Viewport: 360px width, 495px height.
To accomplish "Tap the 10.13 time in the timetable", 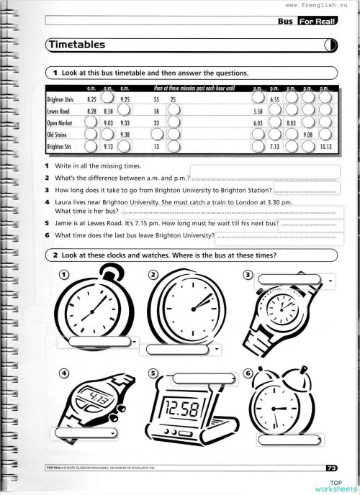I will (x=325, y=146).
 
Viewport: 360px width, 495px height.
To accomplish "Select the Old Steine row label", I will (x=56, y=135).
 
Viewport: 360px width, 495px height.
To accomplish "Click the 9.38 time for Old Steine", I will (x=125, y=135).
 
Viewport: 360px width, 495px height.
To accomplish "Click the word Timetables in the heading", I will (x=78, y=45).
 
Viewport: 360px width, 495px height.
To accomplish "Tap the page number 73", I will (x=331, y=468).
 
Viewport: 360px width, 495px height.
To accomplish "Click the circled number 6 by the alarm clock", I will (x=248, y=374).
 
